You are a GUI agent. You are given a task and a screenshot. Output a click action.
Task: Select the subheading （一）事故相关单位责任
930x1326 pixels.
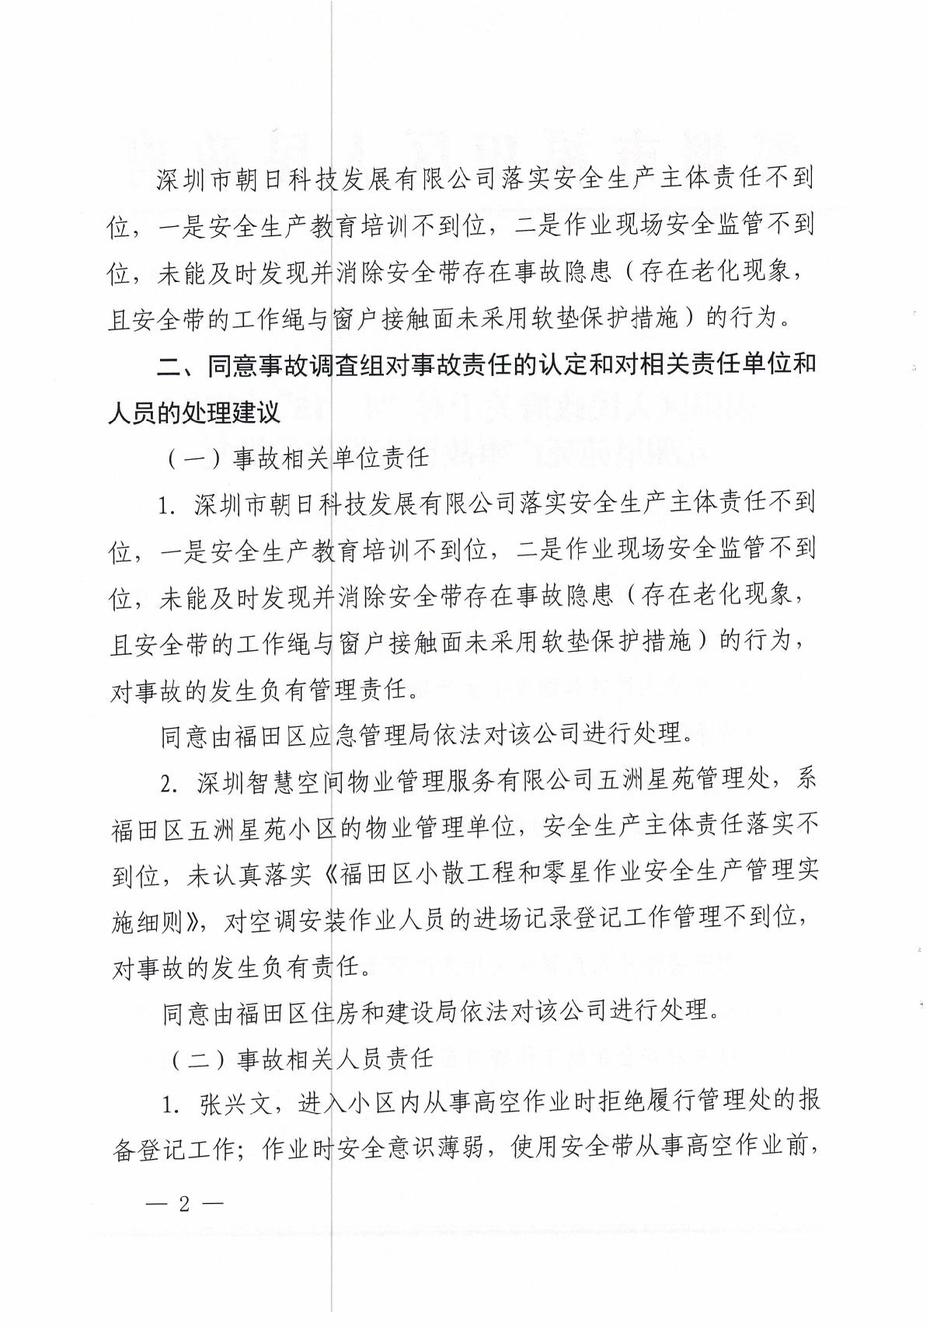click(298, 458)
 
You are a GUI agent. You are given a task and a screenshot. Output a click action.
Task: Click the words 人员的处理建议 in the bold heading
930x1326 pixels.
click(193, 412)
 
